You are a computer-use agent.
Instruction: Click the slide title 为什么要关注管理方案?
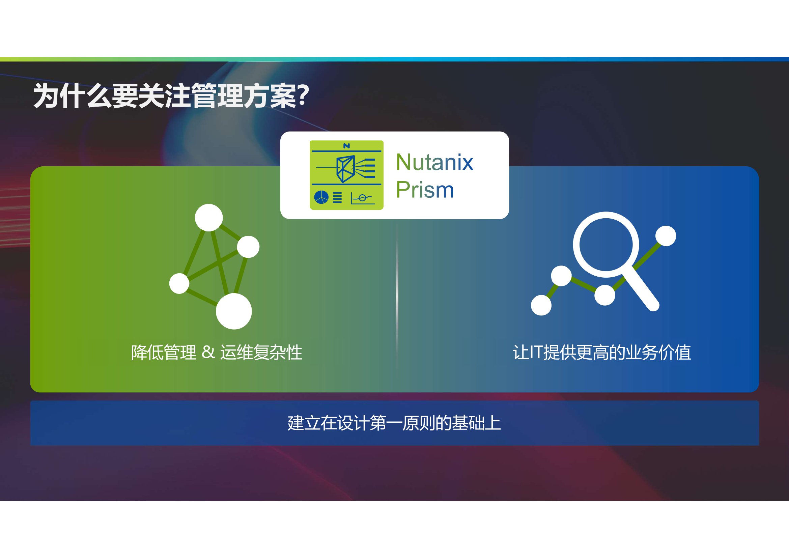171,96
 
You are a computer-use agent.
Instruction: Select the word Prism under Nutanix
425,190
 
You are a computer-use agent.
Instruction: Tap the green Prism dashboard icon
346,175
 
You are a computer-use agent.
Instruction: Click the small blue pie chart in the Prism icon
321,197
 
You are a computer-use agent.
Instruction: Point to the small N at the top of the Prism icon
346,146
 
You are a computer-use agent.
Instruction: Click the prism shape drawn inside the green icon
345,169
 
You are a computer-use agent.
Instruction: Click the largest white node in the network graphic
234,311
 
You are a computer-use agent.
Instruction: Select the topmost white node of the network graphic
208,218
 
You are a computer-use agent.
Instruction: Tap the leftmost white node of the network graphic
179,283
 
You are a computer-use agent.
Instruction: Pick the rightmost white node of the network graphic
248,247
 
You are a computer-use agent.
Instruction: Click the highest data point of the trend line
666,236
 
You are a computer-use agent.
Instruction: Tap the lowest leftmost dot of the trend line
541,305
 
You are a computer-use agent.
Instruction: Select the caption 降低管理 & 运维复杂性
217,353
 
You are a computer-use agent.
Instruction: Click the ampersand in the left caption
208,352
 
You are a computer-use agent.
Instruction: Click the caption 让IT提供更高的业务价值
602,353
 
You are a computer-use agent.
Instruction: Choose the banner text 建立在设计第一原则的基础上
394,423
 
